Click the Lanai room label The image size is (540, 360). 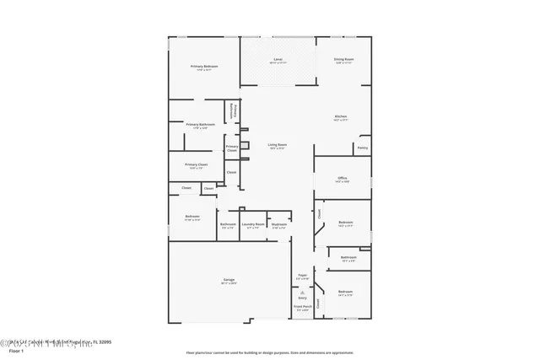click(278, 60)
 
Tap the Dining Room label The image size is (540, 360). click(343, 59)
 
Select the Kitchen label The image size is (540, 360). click(341, 116)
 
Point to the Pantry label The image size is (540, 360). click(362, 148)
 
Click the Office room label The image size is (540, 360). click(343, 178)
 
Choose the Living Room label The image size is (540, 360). click(277, 145)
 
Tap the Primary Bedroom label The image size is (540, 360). click(204, 66)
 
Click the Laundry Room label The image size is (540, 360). click(253, 224)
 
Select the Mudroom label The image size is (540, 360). click(279, 224)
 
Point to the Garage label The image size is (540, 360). click(229, 279)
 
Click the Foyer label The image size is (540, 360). click(302, 274)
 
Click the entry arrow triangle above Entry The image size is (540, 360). click(302, 291)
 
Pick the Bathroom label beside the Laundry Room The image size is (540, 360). click(228, 224)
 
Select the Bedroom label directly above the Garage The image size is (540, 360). click(192, 217)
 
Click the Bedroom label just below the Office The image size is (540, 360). click(345, 223)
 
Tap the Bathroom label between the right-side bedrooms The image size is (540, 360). click(348, 257)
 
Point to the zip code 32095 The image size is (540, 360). click(102, 341)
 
